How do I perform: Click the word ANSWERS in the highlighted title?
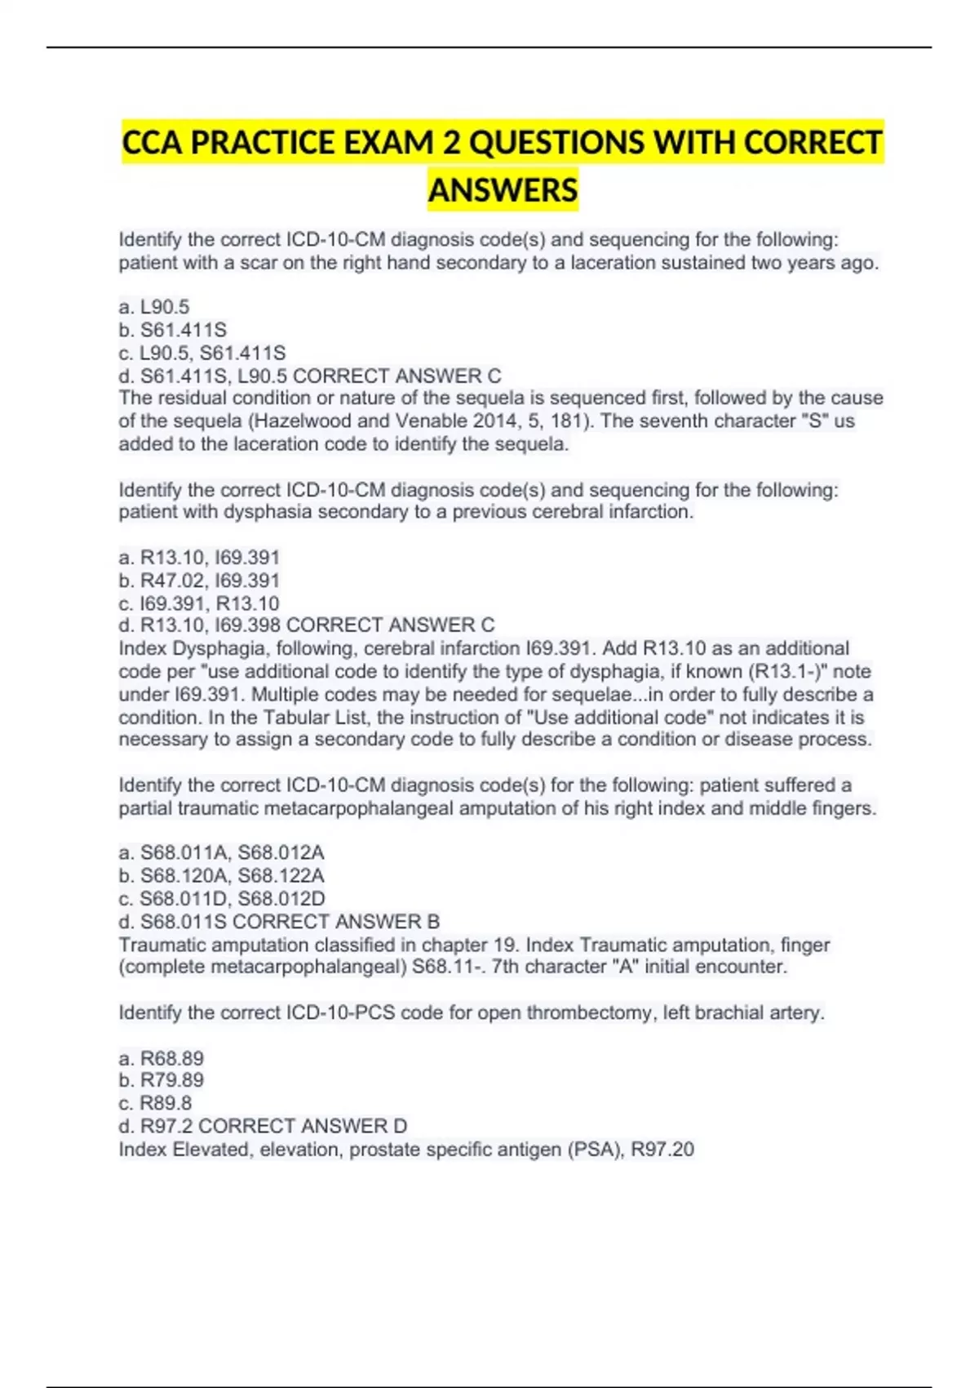503,190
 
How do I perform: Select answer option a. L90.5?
154,307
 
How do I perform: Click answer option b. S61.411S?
173,330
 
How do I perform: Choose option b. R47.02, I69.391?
199,581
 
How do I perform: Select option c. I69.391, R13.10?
199,603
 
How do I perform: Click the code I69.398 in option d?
248,625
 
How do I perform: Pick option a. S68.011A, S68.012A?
222,852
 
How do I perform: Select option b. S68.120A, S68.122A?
222,875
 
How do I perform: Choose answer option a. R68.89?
162,1058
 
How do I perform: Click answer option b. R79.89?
162,1080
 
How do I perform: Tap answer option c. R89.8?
156,1103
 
